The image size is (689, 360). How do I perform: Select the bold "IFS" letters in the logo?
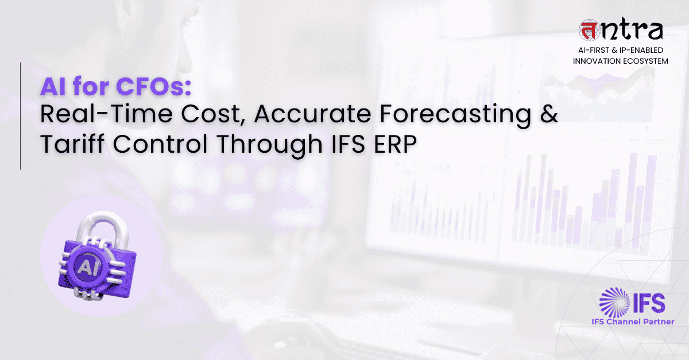click(649, 303)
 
